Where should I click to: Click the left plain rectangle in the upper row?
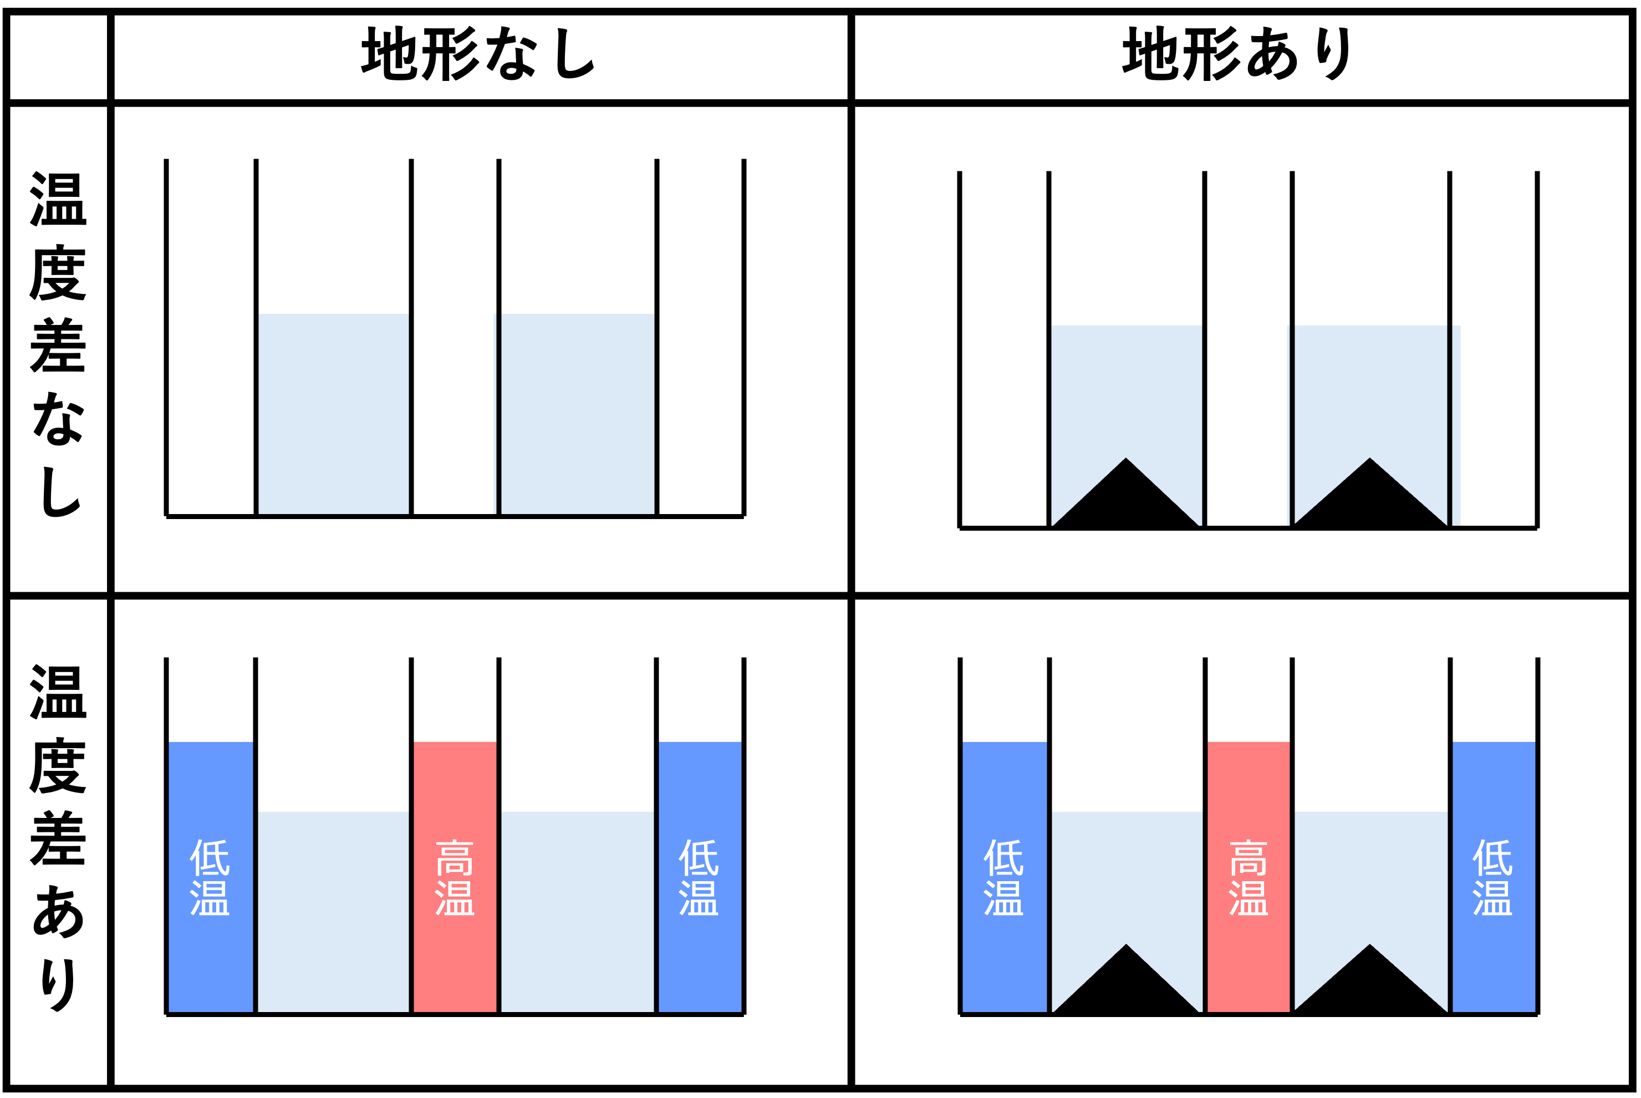point(333,413)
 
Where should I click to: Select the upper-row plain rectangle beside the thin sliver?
point(578,413)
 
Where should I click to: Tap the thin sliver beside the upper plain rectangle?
point(495,413)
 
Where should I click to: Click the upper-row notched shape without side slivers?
point(1127,392)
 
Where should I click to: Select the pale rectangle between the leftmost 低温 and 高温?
point(333,911)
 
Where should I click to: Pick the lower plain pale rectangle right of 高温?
point(578,911)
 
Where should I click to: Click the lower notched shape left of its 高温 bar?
point(1127,875)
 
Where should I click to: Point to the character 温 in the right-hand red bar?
point(1248,898)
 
